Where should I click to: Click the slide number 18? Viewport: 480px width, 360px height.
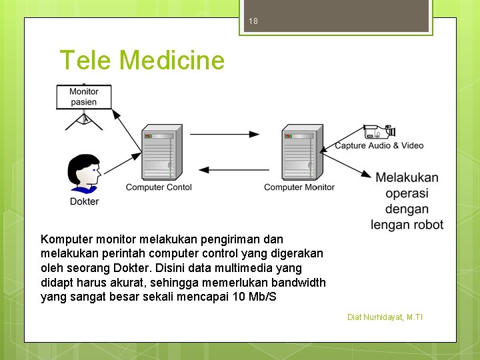tap(253, 21)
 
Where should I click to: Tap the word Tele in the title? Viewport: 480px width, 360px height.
tap(87, 61)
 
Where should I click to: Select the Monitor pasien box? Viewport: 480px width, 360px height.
tap(83, 97)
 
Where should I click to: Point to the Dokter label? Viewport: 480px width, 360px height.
tap(84, 201)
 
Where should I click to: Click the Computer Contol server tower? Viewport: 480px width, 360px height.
tap(158, 153)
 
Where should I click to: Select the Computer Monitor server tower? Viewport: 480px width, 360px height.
tap(301, 153)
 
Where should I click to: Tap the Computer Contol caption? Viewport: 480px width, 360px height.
tap(159, 187)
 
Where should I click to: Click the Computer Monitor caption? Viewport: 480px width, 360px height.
tap(299, 187)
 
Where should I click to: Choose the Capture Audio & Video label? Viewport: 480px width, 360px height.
tap(379, 145)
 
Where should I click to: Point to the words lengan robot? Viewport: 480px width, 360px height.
tap(407, 225)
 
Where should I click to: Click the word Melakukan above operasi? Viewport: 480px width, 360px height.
tap(407, 177)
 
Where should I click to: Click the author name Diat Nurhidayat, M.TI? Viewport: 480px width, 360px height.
tap(385, 317)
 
